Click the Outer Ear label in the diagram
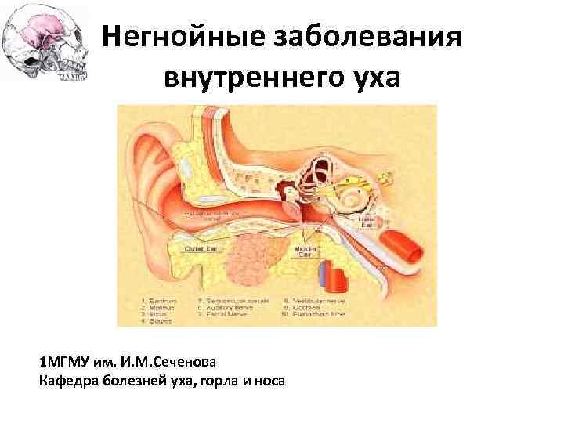[x=201, y=249]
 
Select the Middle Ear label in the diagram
[x=305, y=251]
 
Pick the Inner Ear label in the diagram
[x=368, y=222]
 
